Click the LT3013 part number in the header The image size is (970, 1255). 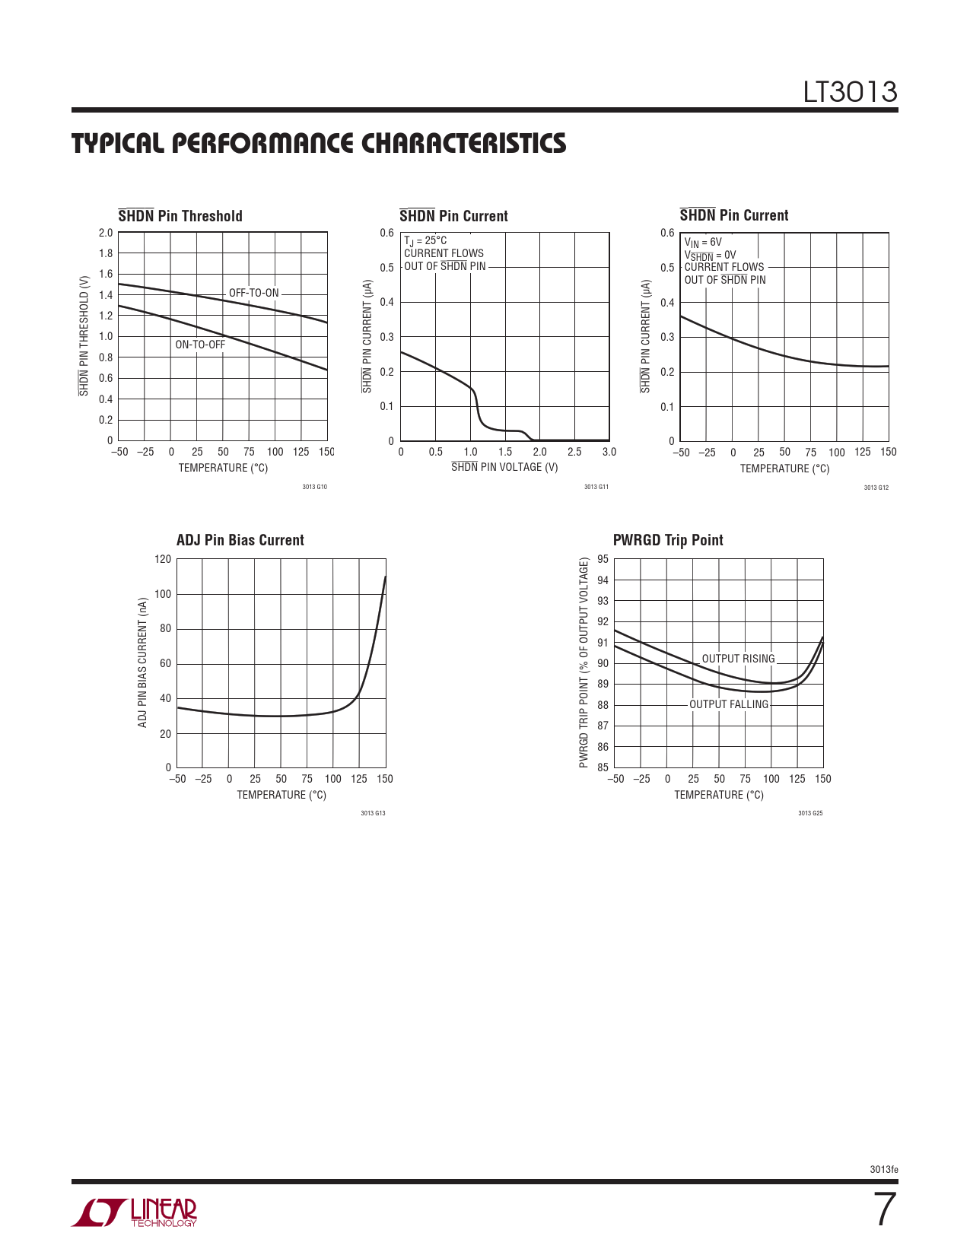tap(850, 92)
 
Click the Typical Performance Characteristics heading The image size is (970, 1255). tap(319, 144)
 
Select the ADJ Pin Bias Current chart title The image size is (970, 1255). tap(240, 540)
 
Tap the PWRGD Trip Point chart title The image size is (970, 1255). tap(667, 540)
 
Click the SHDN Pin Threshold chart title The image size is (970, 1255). tap(180, 216)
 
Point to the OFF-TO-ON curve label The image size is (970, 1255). tap(254, 293)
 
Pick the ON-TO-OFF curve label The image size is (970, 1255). tap(200, 345)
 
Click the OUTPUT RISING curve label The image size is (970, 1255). tap(738, 659)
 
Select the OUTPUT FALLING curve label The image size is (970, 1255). tap(728, 704)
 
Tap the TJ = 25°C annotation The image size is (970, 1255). tap(425, 240)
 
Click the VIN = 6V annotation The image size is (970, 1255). tap(703, 243)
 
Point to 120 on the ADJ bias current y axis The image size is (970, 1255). tap(163, 559)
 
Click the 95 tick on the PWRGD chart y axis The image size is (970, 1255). tap(603, 559)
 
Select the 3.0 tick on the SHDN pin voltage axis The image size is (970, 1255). tap(609, 452)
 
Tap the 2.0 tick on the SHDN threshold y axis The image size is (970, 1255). tap(106, 233)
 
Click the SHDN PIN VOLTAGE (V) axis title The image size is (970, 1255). tap(504, 467)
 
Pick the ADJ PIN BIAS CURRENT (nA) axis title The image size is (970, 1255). tap(142, 662)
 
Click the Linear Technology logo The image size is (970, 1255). tap(134, 1212)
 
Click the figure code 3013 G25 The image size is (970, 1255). tap(809, 813)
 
